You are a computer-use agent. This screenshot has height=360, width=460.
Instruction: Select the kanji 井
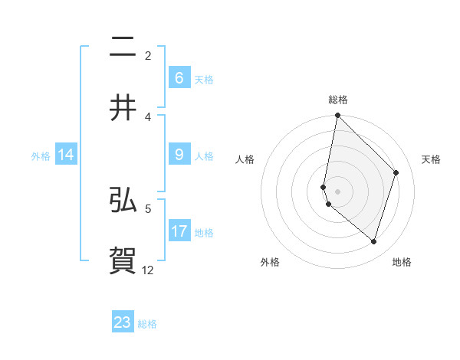click(x=123, y=108)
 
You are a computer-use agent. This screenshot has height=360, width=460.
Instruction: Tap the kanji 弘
click(x=123, y=200)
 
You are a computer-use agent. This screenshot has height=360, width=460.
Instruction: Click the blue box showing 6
click(x=179, y=77)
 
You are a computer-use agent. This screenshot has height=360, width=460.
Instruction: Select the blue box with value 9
click(x=179, y=155)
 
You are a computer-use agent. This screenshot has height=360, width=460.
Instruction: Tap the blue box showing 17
click(x=179, y=231)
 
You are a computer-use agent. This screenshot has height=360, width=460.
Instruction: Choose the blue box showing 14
click(x=66, y=155)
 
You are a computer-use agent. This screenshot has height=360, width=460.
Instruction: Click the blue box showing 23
click(x=123, y=322)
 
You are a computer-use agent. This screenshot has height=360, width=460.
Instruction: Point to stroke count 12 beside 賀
click(x=148, y=270)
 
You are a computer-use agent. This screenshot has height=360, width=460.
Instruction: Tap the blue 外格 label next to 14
click(x=41, y=155)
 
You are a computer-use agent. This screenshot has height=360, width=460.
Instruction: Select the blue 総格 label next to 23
click(x=147, y=323)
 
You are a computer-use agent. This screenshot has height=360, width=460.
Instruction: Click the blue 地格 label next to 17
click(x=204, y=231)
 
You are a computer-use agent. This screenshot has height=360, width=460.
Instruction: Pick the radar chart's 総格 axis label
click(x=337, y=100)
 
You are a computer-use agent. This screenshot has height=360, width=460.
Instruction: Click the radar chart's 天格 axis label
click(x=432, y=159)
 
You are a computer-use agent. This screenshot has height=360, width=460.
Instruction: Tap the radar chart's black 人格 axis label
click(x=245, y=159)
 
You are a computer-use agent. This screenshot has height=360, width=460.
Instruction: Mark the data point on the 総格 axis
click(x=337, y=115)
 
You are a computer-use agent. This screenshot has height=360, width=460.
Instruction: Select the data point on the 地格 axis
click(x=373, y=242)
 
